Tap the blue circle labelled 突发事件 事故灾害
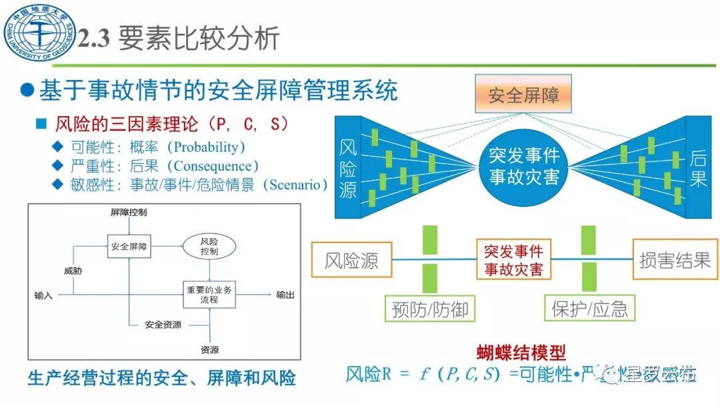[x=524, y=167]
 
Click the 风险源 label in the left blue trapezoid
[x=348, y=168]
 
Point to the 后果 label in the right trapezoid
[x=699, y=168]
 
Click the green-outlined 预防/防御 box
[x=430, y=309]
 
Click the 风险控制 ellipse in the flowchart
[x=209, y=246]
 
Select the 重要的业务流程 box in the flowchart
[x=209, y=294]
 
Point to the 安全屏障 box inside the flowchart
[x=129, y=246]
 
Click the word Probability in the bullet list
[x=205, y=147]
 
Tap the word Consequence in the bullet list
[x=211, y=166]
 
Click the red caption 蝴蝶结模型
[x=521, y=353]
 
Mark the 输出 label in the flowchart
[x=285, y=294]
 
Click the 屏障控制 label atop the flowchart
[x=129, y=212]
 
